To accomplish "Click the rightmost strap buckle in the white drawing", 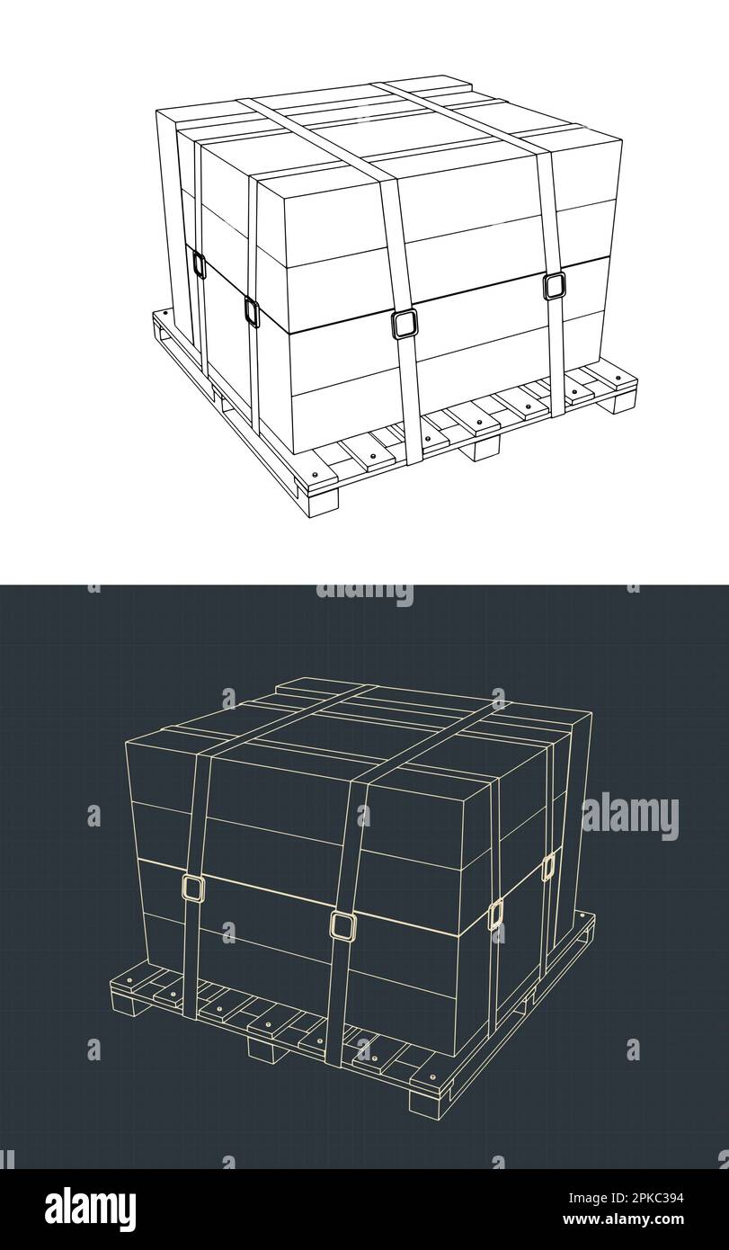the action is (x=554, y=286).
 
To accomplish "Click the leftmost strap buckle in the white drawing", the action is (x=199, y=263).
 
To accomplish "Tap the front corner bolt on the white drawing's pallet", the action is (x=316, y=474).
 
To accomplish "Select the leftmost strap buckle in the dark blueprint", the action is (x=192, y=888).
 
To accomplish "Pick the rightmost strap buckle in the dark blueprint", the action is (x=548, y=867).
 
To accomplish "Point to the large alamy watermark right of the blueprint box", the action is (x=630, y=818).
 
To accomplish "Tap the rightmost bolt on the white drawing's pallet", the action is (x=618, y=378).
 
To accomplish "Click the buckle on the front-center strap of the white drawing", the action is (x=404, y=325).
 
